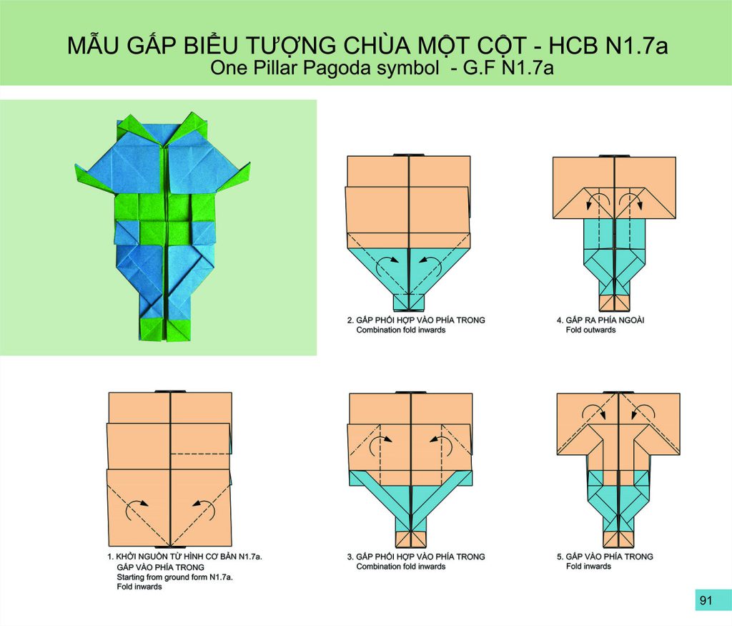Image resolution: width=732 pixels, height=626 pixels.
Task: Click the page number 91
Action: click(x=706, y=600)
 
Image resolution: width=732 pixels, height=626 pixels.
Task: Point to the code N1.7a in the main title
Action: click(x=637, y=45)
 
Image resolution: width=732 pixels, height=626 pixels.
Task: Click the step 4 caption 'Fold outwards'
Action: click(x=590, y=330)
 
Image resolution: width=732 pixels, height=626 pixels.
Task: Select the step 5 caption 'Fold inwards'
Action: click(x=588, y=566)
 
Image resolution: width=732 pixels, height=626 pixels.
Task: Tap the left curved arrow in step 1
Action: click(x=136, y=508)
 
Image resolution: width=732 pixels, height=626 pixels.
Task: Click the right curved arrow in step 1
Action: click(x=204, y=508)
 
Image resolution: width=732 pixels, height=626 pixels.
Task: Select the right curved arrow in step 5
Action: click(x=644, y=411)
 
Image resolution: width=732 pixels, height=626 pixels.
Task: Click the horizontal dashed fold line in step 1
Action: click(x=200, y=454)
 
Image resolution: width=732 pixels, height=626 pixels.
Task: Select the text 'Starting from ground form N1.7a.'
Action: click(x=174, y=577)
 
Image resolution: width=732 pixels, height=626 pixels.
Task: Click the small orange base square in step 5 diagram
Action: click(x=618, y=539)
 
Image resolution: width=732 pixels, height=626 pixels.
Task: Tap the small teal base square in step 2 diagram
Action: click(x=408, y=302)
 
